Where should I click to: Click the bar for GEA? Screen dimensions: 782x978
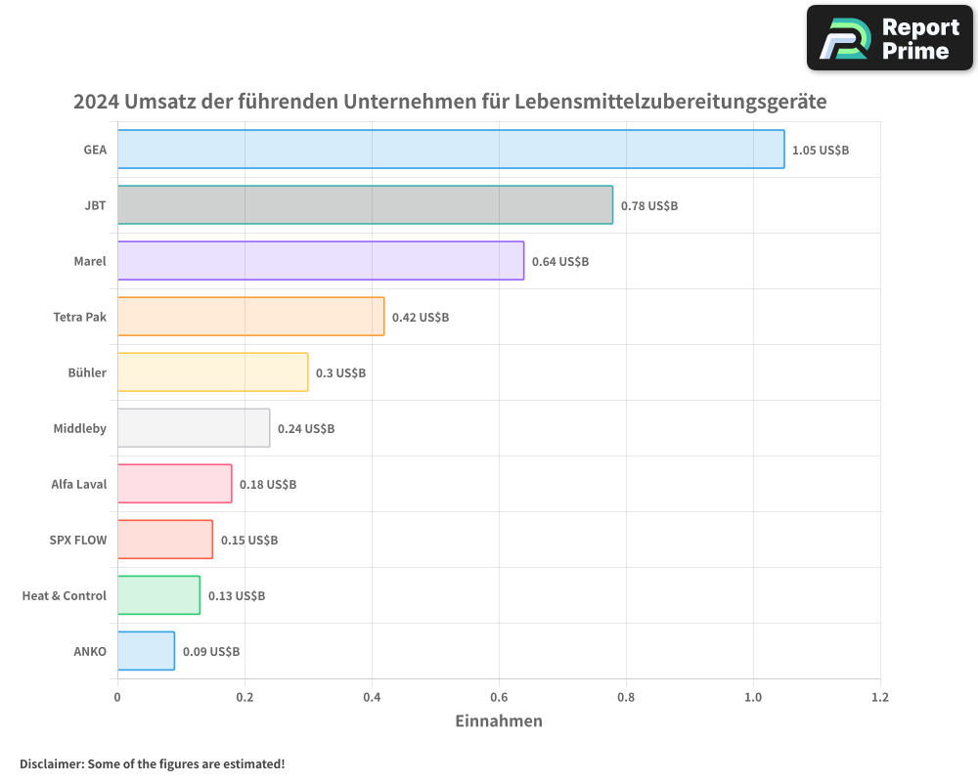tap(451, 150)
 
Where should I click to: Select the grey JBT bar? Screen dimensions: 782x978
tap(365, 205)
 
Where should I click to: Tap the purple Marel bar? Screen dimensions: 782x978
tap(321, 261)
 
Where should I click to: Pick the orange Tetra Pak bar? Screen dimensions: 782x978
tap(250, 317)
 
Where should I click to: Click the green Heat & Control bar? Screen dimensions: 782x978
tap(158, 595)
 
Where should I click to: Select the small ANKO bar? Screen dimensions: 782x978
tap(146, 651)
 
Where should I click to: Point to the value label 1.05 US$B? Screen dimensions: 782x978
tap(821, 151)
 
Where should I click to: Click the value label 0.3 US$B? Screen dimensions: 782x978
tap(340, 373)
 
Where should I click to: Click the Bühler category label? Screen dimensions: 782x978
tap(87, 372)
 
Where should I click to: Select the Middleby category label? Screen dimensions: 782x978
tap(80, 428)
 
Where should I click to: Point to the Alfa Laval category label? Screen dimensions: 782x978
tap(79, 484)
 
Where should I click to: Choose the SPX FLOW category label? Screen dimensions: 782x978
tap(78, 540)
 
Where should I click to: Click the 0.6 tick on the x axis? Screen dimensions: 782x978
tap(499, 698)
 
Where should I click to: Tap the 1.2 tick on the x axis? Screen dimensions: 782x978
tap(880, 698)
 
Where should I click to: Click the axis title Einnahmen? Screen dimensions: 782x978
tap(499, 721)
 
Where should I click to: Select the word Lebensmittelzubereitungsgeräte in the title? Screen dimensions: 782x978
tap(671, 102)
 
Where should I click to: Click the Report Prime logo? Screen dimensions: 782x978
tap(890, 38)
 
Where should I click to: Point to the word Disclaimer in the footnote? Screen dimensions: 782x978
tap(52, 763)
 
